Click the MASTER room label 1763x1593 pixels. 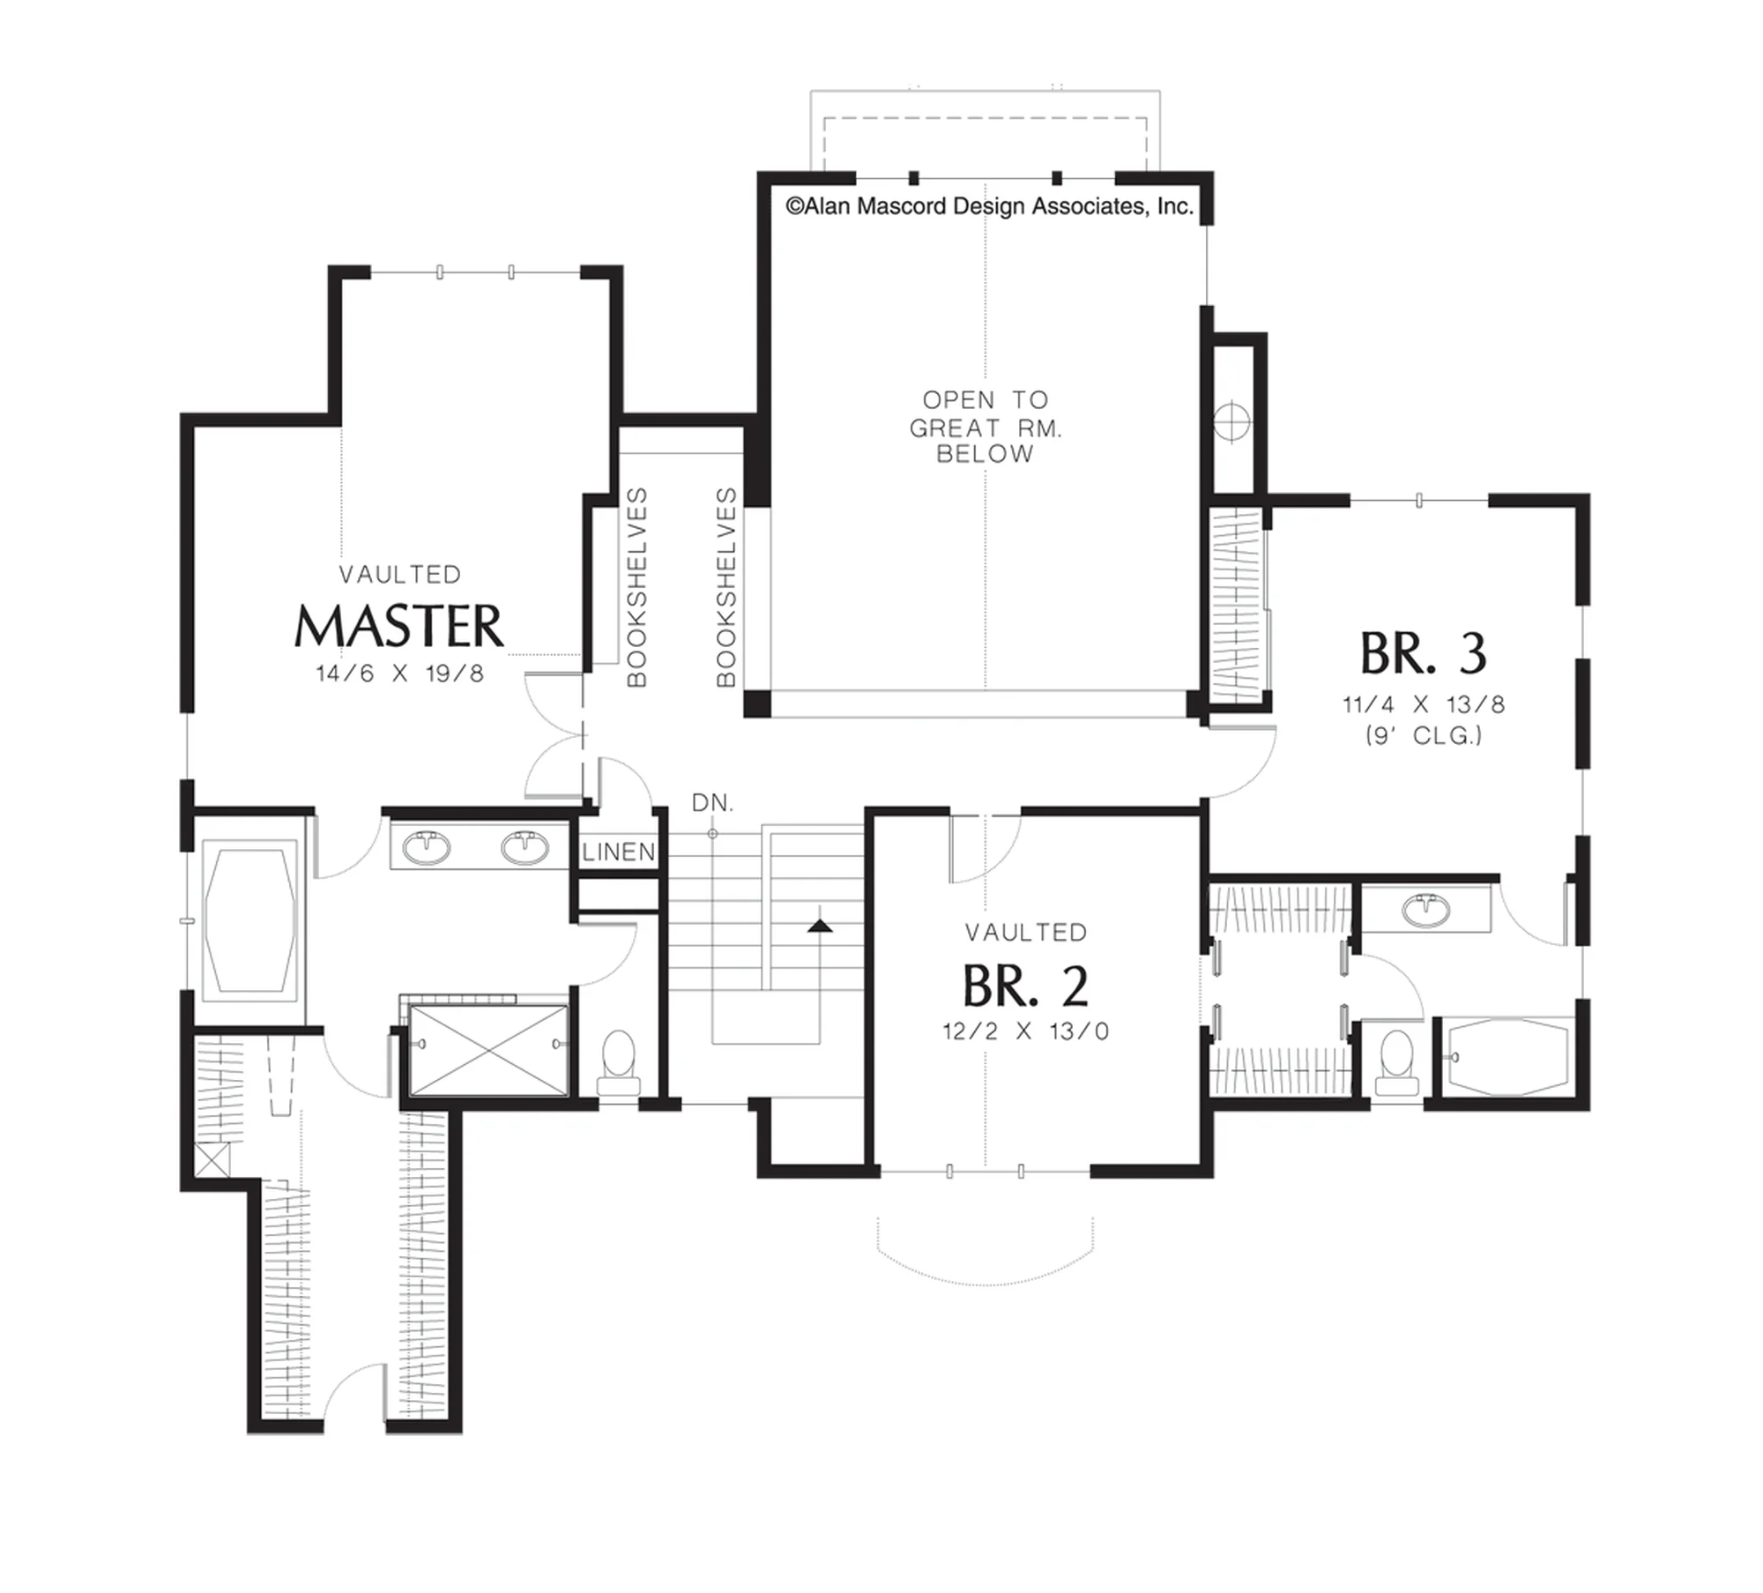399,626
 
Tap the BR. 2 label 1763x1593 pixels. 1025,986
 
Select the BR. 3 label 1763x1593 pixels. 1424,653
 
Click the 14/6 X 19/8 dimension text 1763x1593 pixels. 399,674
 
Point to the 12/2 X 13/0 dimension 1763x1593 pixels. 1025,1031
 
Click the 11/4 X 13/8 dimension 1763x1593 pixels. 1424,704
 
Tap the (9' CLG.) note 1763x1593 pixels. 1424,735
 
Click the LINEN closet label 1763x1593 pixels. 619,852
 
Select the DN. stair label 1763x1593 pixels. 712,803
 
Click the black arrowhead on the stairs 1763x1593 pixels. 820,925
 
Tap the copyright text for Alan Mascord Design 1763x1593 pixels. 989,206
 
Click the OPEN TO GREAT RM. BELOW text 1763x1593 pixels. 986,427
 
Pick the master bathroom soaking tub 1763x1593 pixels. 249,920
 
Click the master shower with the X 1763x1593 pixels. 489,1050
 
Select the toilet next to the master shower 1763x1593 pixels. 618,1061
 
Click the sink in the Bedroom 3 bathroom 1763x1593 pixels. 1425,911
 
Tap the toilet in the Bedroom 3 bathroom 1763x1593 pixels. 1398,1061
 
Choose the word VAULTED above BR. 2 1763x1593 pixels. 1025,933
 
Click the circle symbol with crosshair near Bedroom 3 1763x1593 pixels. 1231,421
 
